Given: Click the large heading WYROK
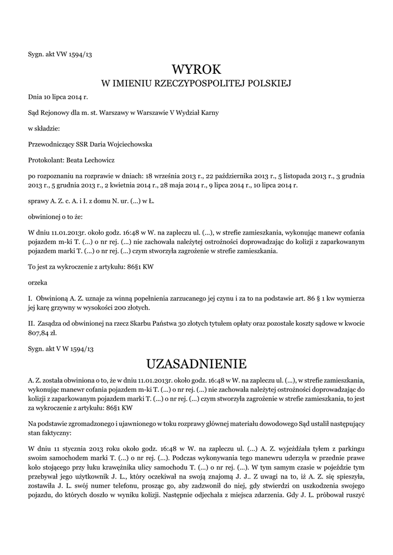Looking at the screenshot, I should point(196,69).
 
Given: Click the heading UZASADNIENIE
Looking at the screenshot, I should point(196,363).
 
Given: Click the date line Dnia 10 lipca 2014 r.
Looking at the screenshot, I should point(57,96).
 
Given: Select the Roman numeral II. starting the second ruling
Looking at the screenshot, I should point(31,324).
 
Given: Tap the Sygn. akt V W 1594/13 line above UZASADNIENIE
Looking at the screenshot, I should point(61,350).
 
